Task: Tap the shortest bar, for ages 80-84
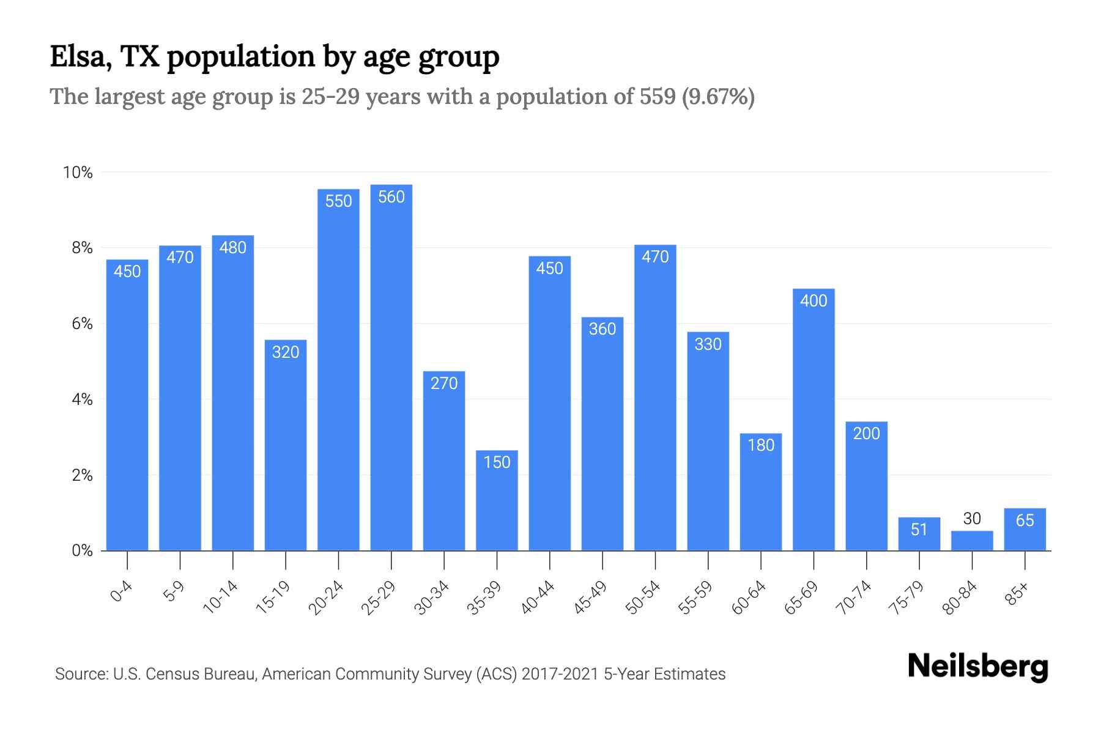tap(972, 541)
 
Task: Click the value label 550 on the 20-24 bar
tap(338, 201)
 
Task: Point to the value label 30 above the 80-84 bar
tap(972, 519)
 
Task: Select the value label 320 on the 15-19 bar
tap(286, 352)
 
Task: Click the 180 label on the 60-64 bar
tap(761, 445)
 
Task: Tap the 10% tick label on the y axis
tap(78, 172)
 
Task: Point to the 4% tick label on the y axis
tap(82, 400)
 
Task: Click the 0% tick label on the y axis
tap(82, 551)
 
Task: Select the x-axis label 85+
tap(1017, 595)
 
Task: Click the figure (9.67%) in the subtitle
tap(718, 97)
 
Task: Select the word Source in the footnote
tap(81, 674)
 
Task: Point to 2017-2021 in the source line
tap(560, 674)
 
